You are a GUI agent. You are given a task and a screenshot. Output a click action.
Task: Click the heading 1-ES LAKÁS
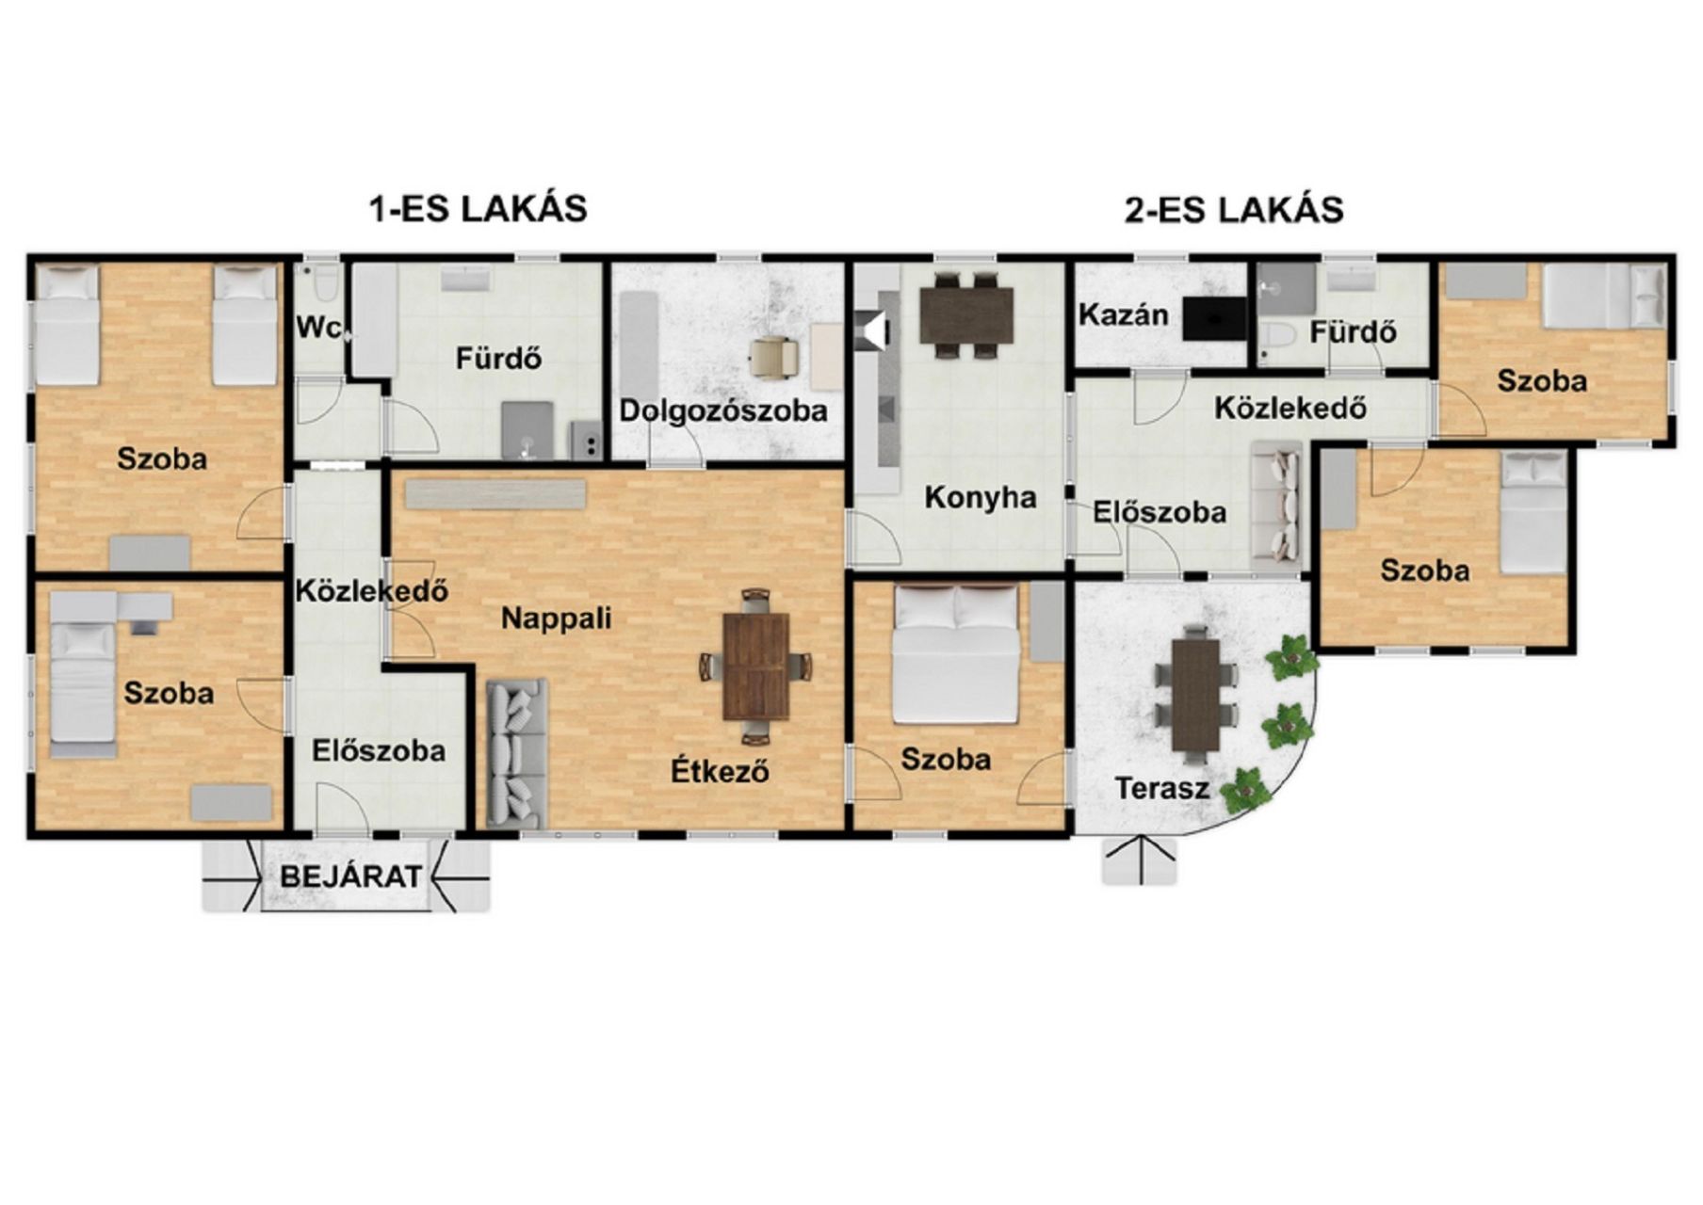click(478, 208)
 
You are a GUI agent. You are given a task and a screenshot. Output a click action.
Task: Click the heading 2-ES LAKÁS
click(1234, 209)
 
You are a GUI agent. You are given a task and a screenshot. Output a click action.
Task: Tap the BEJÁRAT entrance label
click(351, 876)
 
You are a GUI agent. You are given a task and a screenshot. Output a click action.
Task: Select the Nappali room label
click(556, 619)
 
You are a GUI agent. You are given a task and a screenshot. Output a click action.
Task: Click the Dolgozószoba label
click(723, 410)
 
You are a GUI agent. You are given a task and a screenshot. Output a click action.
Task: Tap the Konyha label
click(980, 497)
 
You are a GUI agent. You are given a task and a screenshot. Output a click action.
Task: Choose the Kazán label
click(1124, 314)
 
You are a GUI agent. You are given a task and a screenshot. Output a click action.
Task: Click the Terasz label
click(1161, 788)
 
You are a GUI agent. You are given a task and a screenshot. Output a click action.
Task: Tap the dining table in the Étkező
click(755, 666)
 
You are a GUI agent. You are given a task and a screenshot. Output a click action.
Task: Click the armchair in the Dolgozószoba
click(773, 358)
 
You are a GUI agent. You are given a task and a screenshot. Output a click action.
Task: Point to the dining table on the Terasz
click(1196, 695)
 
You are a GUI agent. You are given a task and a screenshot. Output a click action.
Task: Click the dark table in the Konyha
click(966, 315)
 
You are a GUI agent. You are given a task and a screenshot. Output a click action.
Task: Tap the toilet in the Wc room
click(325, 280)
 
